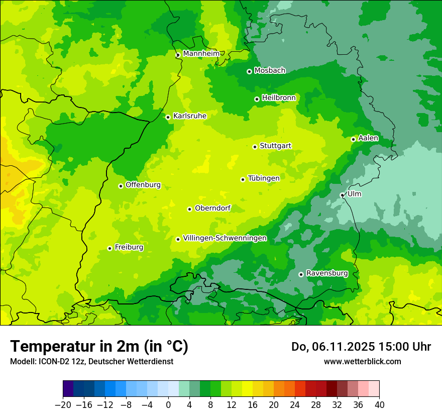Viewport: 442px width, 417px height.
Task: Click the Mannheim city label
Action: [x=201, y=54]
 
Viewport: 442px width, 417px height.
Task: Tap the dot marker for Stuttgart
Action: [x=255, y=147]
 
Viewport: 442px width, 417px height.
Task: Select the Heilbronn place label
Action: [x=279, y=98]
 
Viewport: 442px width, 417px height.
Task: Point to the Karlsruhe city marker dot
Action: [x=168, y=117]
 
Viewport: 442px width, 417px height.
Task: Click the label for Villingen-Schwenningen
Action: [x=225, y=238]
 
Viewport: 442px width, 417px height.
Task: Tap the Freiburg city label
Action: [x=129, y=247]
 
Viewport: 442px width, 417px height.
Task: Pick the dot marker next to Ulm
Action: [x=342, y=195]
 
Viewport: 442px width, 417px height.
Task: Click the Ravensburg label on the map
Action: [x=326, y=273]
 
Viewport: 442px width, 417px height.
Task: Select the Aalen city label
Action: [x=368, y=138]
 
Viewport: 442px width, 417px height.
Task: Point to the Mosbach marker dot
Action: [x=249, y=71]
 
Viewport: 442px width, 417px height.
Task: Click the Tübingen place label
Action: [x=263, y=178]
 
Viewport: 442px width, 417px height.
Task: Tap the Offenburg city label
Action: [x=143, y=185]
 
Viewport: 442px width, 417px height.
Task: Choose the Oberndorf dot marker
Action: [x=189, y=209]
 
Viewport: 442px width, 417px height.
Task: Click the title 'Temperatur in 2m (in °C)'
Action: [x=99, y=347]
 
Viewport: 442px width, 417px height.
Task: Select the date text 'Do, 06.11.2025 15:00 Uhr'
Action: [x=361, y=347]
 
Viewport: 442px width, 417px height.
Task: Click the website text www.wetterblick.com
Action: [x=362, y=361]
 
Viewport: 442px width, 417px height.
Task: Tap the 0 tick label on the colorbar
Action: [x=168, y=405]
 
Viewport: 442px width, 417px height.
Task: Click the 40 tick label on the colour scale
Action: [x=379, y=405]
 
